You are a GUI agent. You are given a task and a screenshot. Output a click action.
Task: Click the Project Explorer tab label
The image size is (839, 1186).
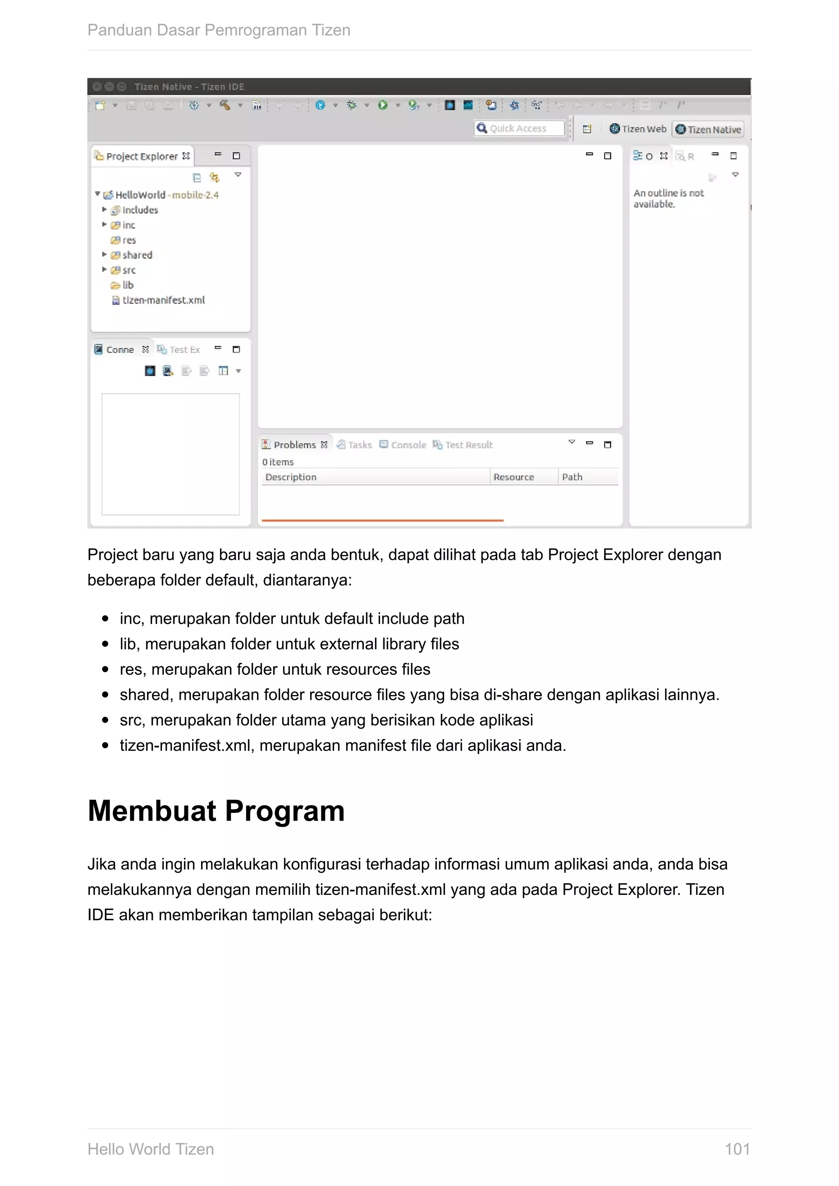coord(142,156)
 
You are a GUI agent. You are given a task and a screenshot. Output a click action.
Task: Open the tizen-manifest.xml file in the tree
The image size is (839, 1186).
coord(163,300)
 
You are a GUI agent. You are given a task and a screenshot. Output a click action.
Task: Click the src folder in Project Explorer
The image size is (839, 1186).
coord(129,270)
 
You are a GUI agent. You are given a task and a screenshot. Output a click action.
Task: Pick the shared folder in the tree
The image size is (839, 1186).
coord(137,255)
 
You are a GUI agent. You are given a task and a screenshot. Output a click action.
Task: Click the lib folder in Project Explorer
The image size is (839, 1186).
coord(127,285)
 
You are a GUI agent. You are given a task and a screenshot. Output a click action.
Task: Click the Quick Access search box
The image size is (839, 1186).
coord(519,129)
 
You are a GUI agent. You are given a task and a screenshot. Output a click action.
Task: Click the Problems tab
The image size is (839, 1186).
coord(295,445)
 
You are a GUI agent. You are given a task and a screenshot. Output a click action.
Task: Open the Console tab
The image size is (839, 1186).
coord(408,445)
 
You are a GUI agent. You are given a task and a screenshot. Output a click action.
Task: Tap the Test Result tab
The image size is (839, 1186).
coord(468,445)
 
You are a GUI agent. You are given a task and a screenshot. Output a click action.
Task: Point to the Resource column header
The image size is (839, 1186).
coord(514,477)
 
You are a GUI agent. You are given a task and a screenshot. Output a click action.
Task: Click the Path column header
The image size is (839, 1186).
coord(572,477)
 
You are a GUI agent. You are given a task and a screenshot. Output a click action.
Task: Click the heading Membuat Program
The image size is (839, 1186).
coord(216,810)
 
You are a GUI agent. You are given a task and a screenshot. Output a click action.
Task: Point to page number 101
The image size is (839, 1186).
coord(737,1149)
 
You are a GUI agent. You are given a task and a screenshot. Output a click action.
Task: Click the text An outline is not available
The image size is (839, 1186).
coord(668,198)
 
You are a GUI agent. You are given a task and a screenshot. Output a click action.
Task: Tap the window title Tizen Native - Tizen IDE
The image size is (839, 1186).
coord(189,87)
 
